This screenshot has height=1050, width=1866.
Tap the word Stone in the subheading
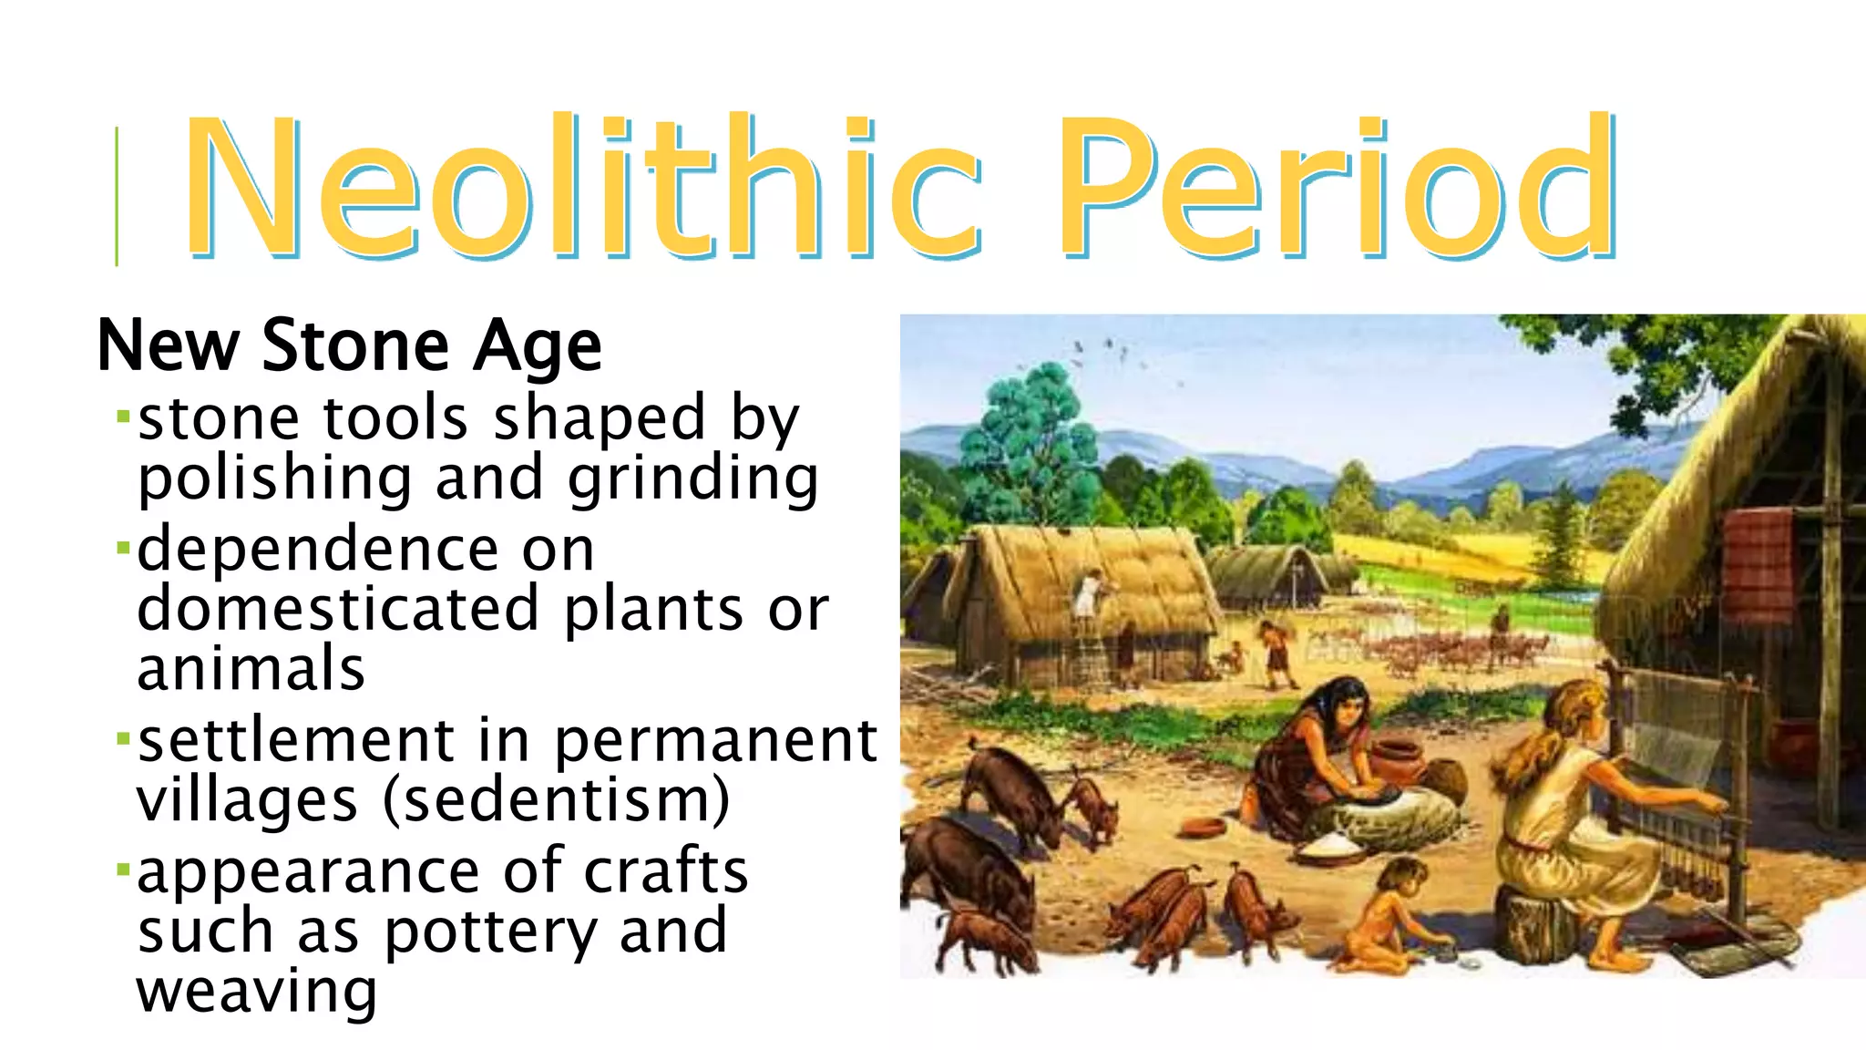click(355, 346)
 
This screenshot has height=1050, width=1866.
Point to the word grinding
click(692, 479)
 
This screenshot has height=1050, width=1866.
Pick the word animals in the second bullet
click(251, 668)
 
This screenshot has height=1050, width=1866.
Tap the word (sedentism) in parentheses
click(556, 800)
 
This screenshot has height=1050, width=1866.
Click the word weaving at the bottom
click(256, 991)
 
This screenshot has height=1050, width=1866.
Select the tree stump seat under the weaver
click(1540, 925)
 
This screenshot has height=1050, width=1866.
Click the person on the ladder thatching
click(1089, 597)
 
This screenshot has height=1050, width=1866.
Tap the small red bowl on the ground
click(1203, 827)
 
